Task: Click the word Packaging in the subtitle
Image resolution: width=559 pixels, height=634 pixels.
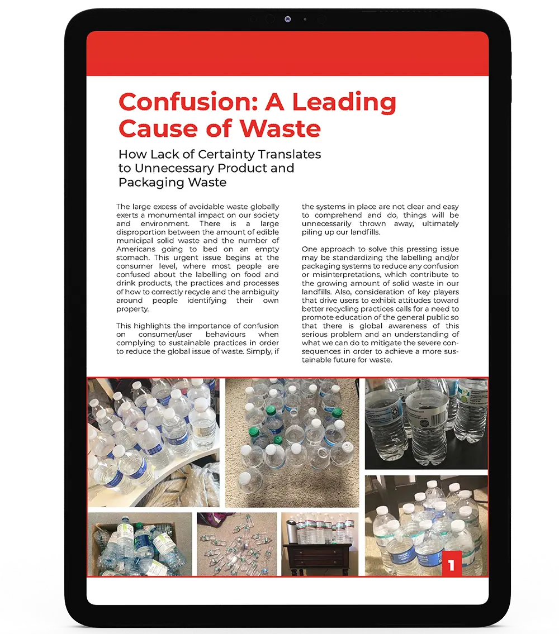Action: pyautogui.click(x=148, y=182)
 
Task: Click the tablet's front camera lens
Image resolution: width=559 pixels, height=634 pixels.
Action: pyautogui.click(x=288, y=20)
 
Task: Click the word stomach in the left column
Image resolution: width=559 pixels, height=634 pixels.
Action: pyautogui.click(x=132, y=258)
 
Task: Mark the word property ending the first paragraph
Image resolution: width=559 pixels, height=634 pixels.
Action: pyautogui.click(x=132, y=309)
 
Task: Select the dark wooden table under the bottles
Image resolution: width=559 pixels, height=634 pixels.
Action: pyautogui.click(x=320, y=559)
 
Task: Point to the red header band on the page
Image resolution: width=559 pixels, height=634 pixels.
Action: pyautogui.click(x=287, y=54)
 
